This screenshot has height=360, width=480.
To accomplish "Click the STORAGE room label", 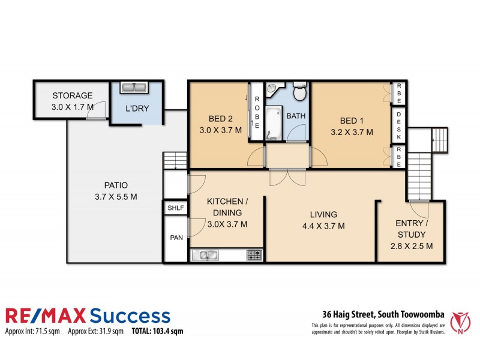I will [x=72, y=95].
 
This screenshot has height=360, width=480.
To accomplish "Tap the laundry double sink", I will [x=135, y=88].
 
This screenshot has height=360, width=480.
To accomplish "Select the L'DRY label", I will [x=137, y=109].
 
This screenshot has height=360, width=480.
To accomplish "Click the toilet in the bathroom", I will [x=299, y=93].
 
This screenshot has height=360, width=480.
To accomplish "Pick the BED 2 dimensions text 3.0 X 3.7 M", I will [x=220, y=130].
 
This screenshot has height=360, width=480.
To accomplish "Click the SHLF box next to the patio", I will [x=176, y=208].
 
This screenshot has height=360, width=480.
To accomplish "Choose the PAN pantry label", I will [x=176, y=238].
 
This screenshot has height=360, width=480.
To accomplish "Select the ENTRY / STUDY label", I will [x=412, y=229].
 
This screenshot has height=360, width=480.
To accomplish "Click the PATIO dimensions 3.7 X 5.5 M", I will [x=116, y=196].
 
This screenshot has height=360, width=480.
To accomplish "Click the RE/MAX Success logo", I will [x=88, y=316].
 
